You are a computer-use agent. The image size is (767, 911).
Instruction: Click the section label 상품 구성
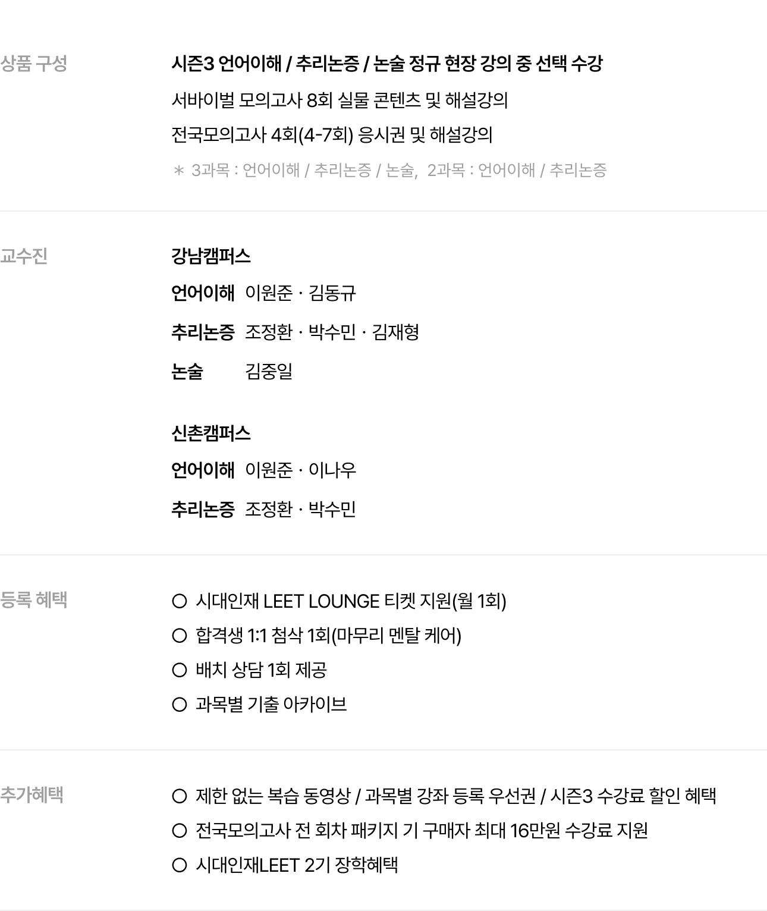pyautogui.click(x=34, y=64)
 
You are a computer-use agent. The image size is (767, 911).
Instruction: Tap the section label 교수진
pyautogui.click(x=24, y=256)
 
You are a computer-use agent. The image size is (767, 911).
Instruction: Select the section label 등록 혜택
pyautogui.click(x=34, y=599)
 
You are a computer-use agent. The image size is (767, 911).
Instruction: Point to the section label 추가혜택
pyautogui.click(x=32, y=794)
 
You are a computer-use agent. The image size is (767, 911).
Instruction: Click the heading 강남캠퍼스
pyautogui.click(x=211, y=256)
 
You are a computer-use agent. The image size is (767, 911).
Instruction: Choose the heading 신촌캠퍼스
pyautogui.click(x=211, y=433)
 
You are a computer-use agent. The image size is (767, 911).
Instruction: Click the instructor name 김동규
pyautogui.click(x=332, y=293)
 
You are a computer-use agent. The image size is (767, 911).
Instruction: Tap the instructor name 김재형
pyautogui.click(x=395, y=332)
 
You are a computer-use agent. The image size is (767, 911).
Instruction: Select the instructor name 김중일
pyautogui.click(x=269, y=371)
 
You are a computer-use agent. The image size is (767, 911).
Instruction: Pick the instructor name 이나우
pyautogui.click(x=332, y=470)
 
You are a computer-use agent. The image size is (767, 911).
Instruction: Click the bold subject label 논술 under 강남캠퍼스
pyautogui.click(x=187, y=371)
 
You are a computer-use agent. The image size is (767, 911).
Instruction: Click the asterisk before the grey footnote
pyautogui.click(x=179, y=170)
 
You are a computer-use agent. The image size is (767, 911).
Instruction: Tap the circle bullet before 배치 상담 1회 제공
pyautogui.click(x=180, y=670)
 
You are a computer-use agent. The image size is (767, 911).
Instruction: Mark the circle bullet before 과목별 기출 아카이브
pyautogui.click(x=180, y=704)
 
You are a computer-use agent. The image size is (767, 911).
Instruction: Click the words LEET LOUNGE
pyautogui.click(x=322, y=601)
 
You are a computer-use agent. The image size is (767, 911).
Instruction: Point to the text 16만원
pyautogui.click(x=535, y=831)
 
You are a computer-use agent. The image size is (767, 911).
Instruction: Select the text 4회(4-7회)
pyautogui.click(x=312, y=135)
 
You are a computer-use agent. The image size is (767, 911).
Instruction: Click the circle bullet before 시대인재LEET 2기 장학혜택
pyautogui.click(x=180, y=865)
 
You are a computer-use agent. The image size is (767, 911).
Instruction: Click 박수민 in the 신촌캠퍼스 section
pyautogui.click(x=332, y=509)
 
